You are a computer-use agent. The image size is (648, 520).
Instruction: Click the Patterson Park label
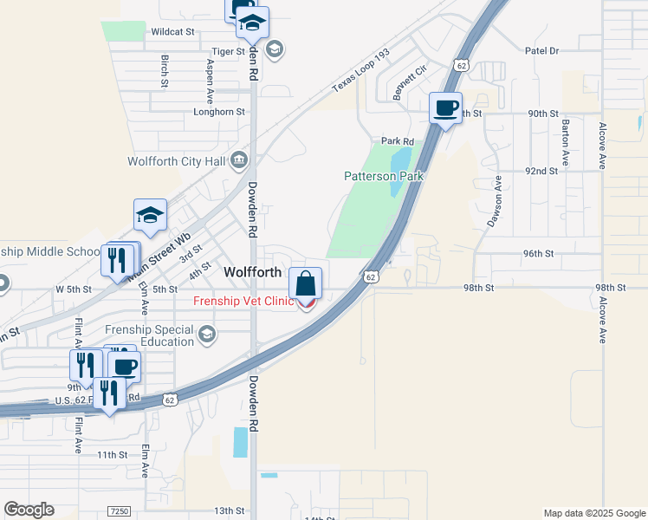(x=384, y=175)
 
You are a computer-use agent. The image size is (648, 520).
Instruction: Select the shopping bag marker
(x=306, y=283)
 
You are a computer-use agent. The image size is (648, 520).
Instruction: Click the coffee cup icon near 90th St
(x=446, y=108)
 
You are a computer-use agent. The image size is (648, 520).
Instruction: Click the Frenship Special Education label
(x=149, y=335)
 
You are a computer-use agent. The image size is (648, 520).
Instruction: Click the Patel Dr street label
(x=542, y=51)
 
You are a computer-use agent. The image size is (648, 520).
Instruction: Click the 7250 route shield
(x=120, y=511)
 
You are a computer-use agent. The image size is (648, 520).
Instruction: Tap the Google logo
(x=29, y=510)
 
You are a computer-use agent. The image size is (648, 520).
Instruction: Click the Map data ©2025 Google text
(x=593, y=513)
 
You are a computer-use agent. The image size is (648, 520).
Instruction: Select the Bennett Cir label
(x=411, y=82)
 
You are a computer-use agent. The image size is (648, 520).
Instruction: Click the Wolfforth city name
(x=252, y=271)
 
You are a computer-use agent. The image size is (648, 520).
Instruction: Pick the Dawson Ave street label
(x=494, y=202)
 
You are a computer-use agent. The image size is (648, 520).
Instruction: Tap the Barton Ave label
(x=565, y=143)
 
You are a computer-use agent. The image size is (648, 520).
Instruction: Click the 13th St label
(x=230, y=510)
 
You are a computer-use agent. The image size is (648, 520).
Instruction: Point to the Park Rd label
(x=398, y=140)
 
